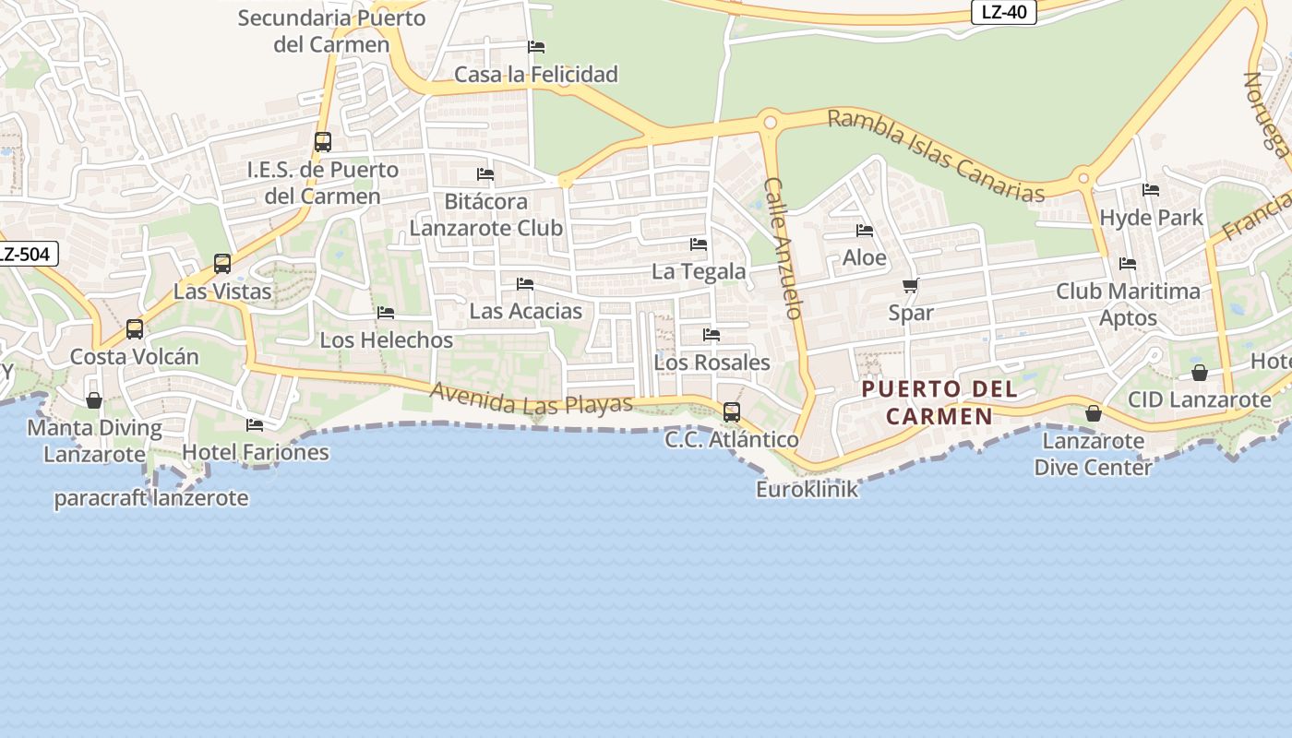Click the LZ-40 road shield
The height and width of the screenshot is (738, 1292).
click(x=1004, y=13)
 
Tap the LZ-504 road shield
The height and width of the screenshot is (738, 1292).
click(x=28, y=255)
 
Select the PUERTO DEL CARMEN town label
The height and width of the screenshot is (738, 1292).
click(x=939, y=402)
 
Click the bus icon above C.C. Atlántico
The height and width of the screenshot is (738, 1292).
click(x=732, y=411)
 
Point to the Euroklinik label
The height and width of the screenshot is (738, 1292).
click(x=807, y=489)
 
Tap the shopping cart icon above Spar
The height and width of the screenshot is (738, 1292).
click(x=911, y=286)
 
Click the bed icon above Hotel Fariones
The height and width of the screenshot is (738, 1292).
click(x=255, y=425)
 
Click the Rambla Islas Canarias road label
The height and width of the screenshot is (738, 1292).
click(x=936, y=155)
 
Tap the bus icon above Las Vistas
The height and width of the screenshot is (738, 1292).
click(x=222, y=264)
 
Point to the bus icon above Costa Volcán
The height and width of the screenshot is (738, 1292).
click(x=135, y=329)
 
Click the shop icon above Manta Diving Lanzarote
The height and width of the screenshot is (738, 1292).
click(x=94, y=400)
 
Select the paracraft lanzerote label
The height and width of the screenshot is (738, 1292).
click(x=151, y=498)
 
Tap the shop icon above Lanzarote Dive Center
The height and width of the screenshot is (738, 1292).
click(x=1094, y=413)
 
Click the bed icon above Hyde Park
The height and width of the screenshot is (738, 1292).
click(x=1151, y=191)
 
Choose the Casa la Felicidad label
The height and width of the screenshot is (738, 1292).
click(x=536, y=74)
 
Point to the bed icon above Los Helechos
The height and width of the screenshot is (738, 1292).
click(x=386, y=314)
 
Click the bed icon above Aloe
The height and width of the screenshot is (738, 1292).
click(x=865, y=231)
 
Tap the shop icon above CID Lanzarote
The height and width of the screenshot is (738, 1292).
click(x=1200, y=373)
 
